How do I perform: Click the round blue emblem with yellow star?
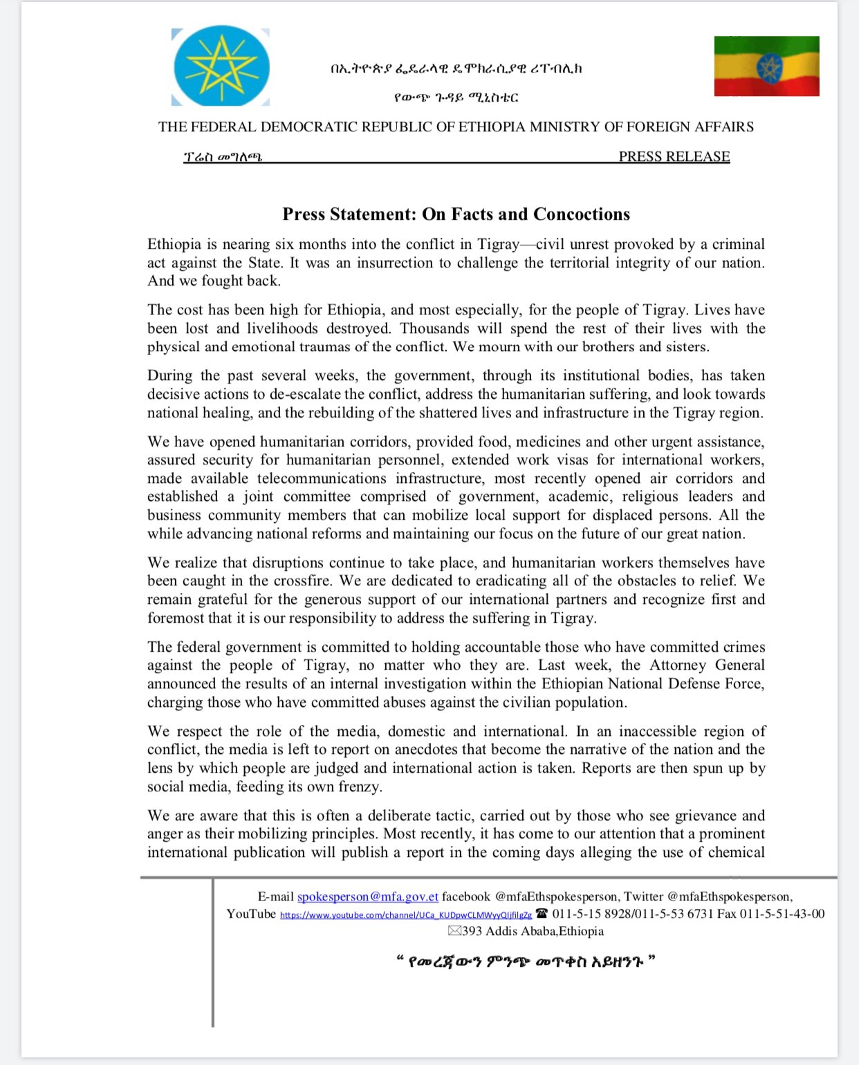(221, 67)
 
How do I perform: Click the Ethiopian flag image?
(766, 66)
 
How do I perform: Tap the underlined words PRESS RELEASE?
(674, 157)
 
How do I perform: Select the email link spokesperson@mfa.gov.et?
(368, 896)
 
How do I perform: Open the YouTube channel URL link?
(406, 914)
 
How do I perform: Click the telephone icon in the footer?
(542, 914)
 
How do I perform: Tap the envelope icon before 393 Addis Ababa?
(454, 931)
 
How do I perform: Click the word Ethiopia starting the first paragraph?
(174, 244)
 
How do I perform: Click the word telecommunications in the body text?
(322, 478)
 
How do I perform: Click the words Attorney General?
(707, 665)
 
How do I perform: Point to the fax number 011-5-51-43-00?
(782, 914)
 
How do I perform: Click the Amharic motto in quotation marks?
(525, 961)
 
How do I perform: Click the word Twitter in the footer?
(643, 896)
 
